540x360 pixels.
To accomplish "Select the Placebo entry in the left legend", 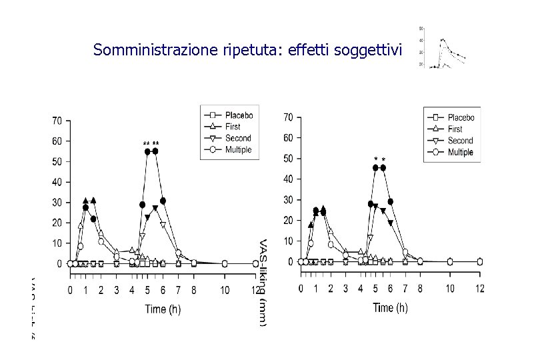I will coord(238,115).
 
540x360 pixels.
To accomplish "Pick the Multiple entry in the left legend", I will coord(238,150).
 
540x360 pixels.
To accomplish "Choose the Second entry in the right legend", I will coord(460,141).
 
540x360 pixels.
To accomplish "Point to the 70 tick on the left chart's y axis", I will coord(57,121).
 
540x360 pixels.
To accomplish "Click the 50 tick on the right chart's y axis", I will coord(287,159).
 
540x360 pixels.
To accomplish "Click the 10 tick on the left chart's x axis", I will coord(225,291).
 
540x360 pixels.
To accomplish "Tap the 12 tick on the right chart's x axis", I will coord(480,288).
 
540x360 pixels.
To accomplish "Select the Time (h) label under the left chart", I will coord(165,309).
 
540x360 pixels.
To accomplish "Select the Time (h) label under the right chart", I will coord(390,307).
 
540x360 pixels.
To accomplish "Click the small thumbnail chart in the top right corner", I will coord(441,48).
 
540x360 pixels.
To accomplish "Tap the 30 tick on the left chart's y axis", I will coord(57,203).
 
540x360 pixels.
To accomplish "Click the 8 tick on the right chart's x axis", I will coord(420,288).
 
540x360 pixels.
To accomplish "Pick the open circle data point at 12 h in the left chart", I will coord(256,264).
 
